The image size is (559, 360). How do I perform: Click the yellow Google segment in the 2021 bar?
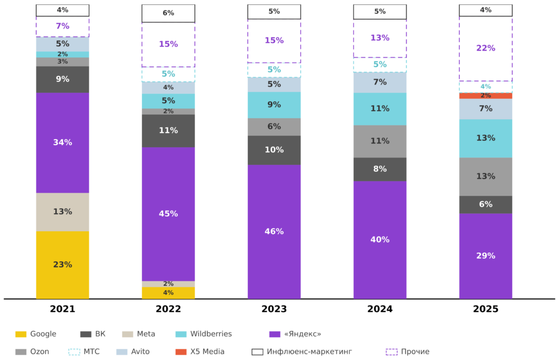(x=62, y=265)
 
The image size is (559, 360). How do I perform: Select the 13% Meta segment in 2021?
(x=62, y=212)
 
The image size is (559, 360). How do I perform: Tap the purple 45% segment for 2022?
(x=168, y=214)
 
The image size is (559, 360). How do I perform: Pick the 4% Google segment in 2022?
(x=168, y=293)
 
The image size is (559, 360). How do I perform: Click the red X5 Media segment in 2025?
(x=485, y=95)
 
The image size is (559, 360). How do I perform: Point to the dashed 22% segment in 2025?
(x=485, y=48)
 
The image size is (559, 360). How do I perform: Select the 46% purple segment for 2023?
(x=274, y=231)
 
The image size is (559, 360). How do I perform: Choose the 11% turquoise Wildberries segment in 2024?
(x=380, y=109)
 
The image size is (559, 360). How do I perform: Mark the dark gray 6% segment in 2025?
(x=485, y=205)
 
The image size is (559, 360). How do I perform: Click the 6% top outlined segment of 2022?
(x=168, y=13)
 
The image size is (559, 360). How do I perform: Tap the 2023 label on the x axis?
(x=274, y=309)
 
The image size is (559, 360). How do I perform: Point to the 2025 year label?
(x=485, y=309)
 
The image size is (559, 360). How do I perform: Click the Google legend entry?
(x=36, y=334)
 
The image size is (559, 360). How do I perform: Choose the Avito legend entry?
(x=133, y=352)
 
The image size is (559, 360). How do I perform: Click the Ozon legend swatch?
(x=21, y=352)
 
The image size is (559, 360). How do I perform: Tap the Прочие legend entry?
(x=408, y=352)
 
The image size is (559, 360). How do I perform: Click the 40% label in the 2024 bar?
(x=380, y=239)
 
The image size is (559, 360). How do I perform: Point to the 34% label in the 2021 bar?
(x=62, y=142)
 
